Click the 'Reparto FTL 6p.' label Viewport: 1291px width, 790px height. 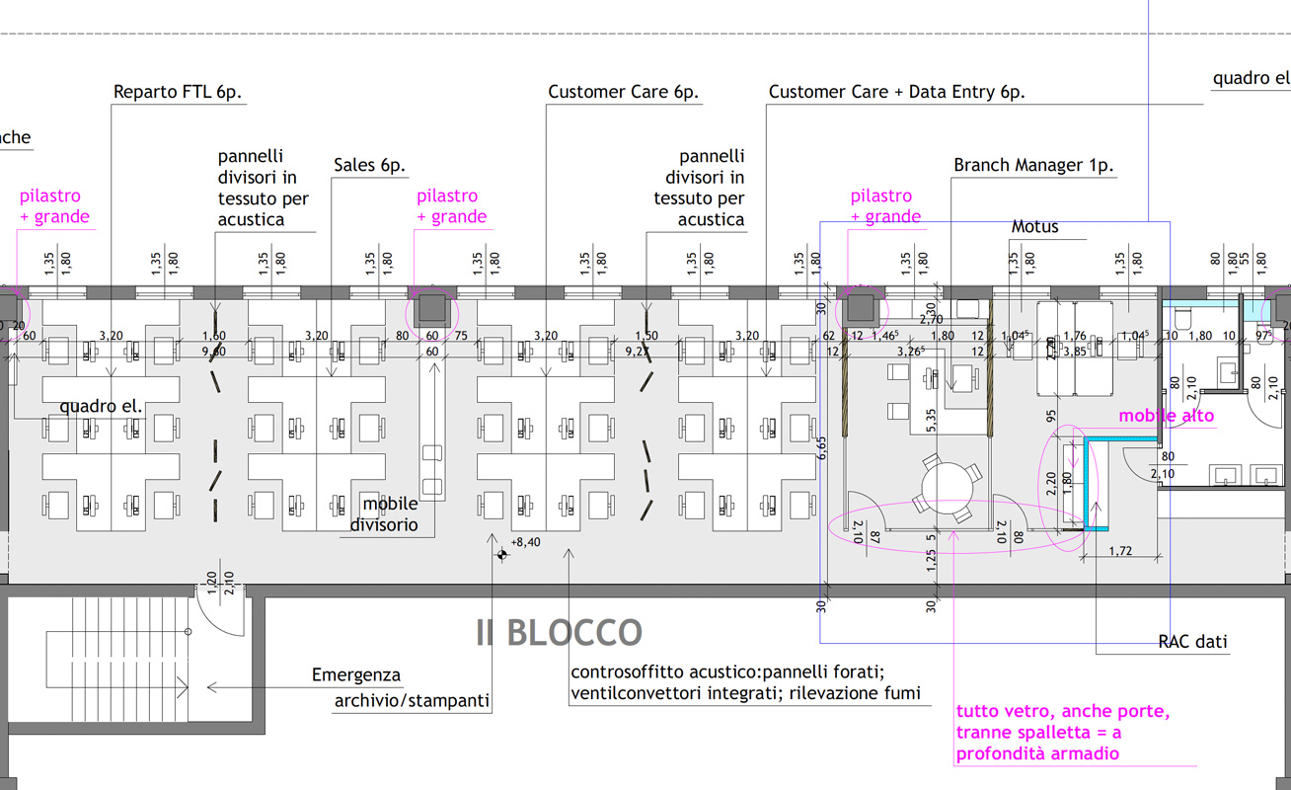click(x=178, y=93)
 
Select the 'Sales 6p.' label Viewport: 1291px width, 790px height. click(x=369, y=165)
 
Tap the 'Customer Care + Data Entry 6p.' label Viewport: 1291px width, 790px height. click(x=896, y=93)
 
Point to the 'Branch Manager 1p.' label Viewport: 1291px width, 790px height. click(x=1033, y=165)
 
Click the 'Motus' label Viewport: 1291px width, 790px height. click(x=1034, y=227)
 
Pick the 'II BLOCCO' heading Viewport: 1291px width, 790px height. click(x=559, y=632)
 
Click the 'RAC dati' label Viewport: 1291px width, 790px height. click(x=1192, y=642)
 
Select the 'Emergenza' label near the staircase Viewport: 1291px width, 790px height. click(x=356, y=675)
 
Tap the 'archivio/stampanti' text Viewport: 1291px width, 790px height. click(x=412, y=701)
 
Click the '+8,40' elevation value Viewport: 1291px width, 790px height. click(x=526, y=542)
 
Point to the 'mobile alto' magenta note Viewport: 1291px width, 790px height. click(x=1166, y=416)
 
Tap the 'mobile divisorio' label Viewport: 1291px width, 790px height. click(x=391, y=514)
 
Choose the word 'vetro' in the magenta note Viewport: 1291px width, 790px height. click(x=1025, y=711)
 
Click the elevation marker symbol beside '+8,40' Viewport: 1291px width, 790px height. click(x=503, y=556)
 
